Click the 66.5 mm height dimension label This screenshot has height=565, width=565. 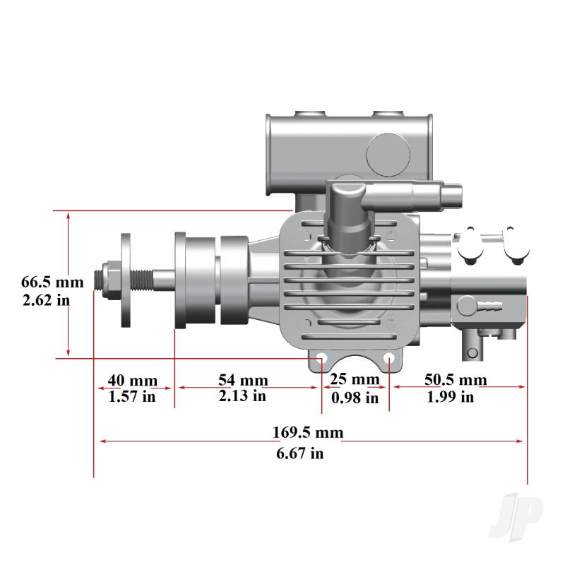pyautogui.click(x=52, y=282)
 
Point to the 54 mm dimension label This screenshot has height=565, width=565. pyautogui.click(x=243, y=380)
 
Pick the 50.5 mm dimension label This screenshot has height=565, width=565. pyautogui.click(x=456, y=380)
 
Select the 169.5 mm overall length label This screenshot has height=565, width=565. pyautogui.click(x=308, y=432)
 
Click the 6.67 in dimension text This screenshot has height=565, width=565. pyautogui.click(x=300, y=453)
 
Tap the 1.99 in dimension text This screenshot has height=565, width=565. pyautogui.click(x=451, y=397)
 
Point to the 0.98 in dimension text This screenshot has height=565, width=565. pyautogui.click(x=355, y=398)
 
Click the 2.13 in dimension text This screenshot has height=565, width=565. pyautogui.click(x=242, y=396)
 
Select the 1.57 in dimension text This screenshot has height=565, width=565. pyautogui.click(x=131, y=397)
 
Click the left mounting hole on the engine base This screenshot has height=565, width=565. pyautogui.click(x=321, y=359)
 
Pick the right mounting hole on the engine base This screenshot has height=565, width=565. pyautogui.click(x=389, y=359)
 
